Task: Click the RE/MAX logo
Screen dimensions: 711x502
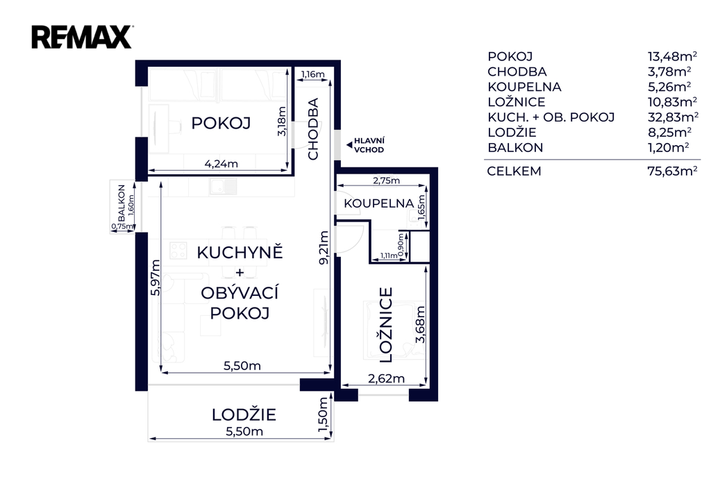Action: coord(82,37)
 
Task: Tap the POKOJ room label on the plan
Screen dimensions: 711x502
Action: coord(221,123)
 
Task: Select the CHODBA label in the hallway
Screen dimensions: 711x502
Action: coord(313,129)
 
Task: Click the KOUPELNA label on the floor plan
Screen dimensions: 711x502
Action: coord(378,203)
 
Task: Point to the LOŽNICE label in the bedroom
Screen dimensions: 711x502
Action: coord(386,325)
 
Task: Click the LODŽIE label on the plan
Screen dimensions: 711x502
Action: coord(244,415)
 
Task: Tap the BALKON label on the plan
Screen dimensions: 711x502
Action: coord(121,203)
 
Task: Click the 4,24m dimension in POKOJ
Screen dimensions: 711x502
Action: coord(221,163)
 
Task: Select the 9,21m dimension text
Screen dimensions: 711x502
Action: coord(324,248)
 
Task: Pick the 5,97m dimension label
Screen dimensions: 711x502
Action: coord(156,278)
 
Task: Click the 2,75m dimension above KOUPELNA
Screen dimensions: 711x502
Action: coord(386,181)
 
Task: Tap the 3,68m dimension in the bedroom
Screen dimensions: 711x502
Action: coord(420,325)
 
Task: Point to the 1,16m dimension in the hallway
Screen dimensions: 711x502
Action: coord(313,74)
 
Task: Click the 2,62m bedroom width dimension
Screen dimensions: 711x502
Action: coord(386,378)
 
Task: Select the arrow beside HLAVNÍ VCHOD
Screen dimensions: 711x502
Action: coord(349,145)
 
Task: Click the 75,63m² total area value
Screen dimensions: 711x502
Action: coord(672,171)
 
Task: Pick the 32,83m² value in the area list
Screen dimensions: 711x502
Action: coord(673,117)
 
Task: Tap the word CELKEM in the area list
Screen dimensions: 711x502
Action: coord(515,171)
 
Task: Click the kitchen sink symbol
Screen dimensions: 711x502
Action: coord(223,186)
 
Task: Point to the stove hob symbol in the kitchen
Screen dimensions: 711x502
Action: coord(178,251)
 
